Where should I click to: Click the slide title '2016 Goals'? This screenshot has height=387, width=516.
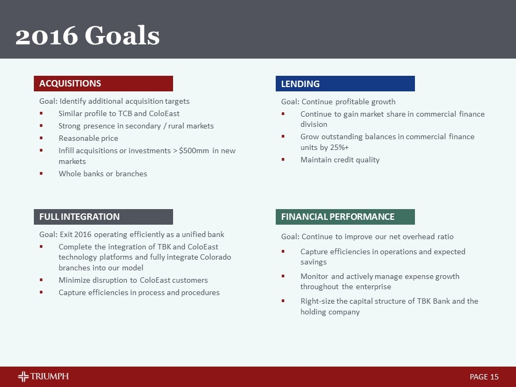pos(88,36)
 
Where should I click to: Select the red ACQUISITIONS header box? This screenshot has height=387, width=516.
pos(104,83)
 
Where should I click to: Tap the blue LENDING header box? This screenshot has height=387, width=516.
pos(345,84)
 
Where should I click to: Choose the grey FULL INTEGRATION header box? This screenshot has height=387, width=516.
pos(104,217)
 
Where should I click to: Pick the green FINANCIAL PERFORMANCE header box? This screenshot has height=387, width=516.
pos(345,217)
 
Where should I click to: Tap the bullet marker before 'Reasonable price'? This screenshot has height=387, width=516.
pos(41,139)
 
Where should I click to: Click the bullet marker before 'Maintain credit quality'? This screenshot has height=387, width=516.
pos(283,160)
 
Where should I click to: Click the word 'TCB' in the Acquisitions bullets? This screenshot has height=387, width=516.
pos(125,114)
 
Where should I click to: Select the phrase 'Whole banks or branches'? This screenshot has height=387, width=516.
pos(103,174)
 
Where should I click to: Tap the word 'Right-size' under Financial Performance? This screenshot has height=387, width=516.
pos(318,301)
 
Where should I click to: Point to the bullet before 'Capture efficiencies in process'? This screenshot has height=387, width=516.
pos(41,293)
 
